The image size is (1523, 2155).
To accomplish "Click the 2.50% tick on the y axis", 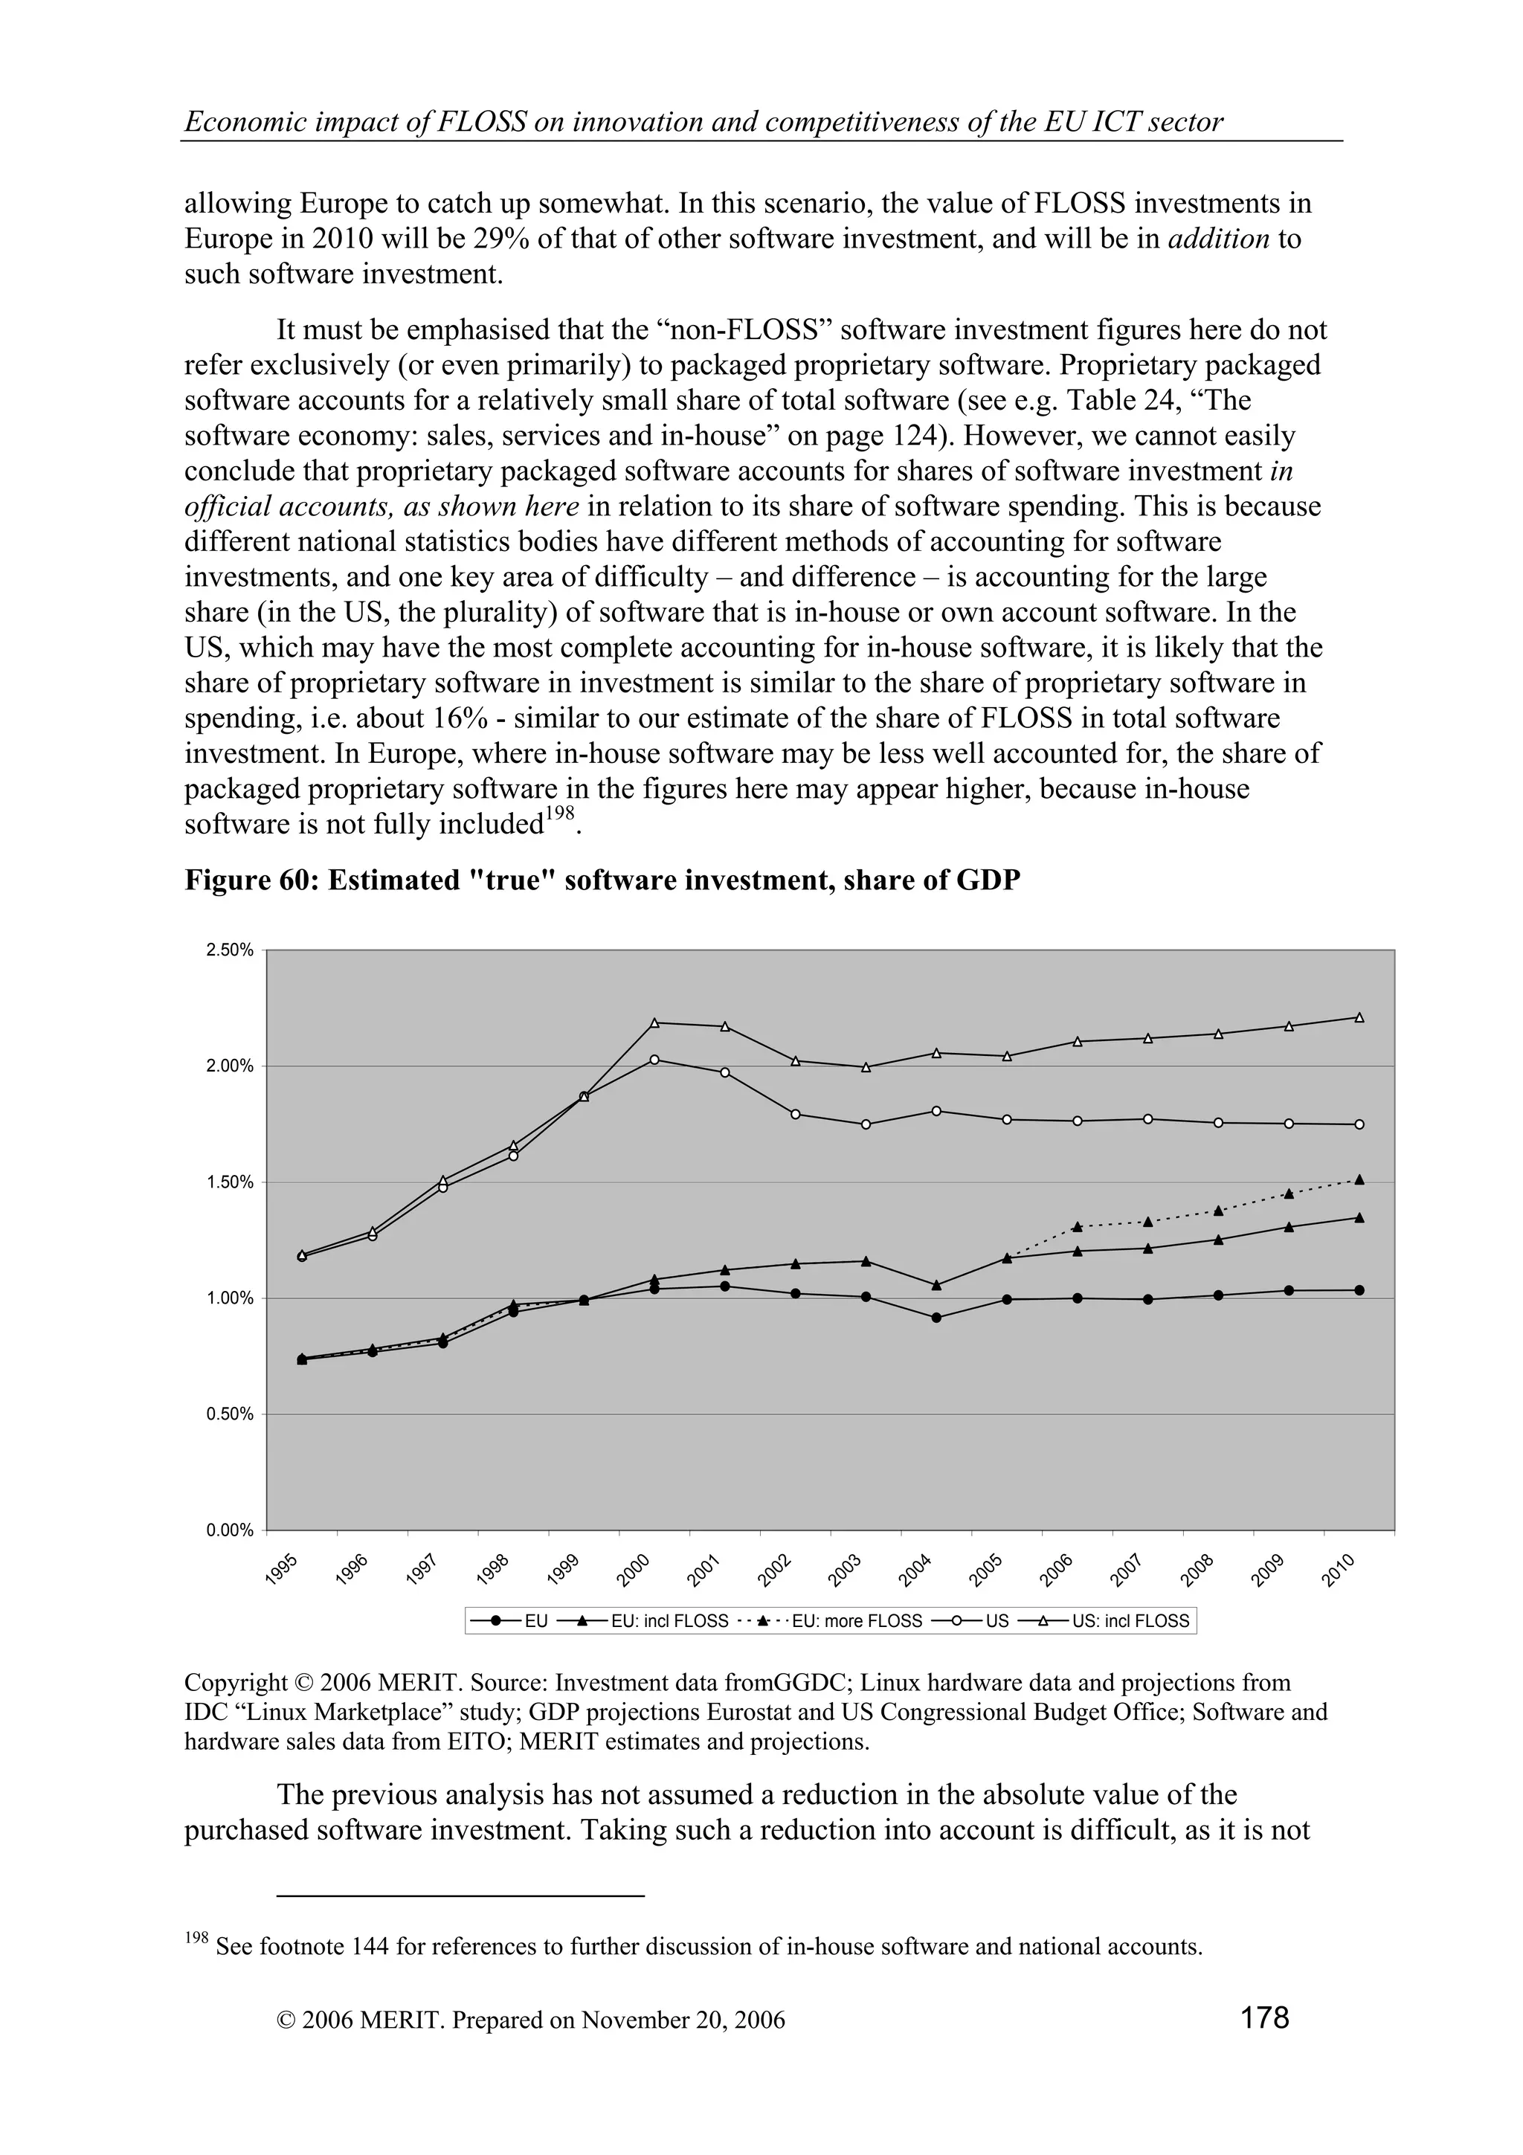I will (x=229, y=950).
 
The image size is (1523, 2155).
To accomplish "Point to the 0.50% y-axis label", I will (x=229, y=1414).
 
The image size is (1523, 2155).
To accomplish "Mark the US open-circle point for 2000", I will (x=654, y=1060).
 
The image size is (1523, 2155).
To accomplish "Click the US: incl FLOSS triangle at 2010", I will (x=1359, y=1017).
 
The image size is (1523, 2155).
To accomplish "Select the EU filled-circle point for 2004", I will (x=936, y=1318).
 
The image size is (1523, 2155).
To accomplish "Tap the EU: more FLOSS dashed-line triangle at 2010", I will (x=1359, y=1180).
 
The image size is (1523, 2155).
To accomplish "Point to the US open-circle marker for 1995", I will (x=302, y=1257).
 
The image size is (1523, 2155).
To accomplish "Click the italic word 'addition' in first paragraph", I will (x=1219, y=239).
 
